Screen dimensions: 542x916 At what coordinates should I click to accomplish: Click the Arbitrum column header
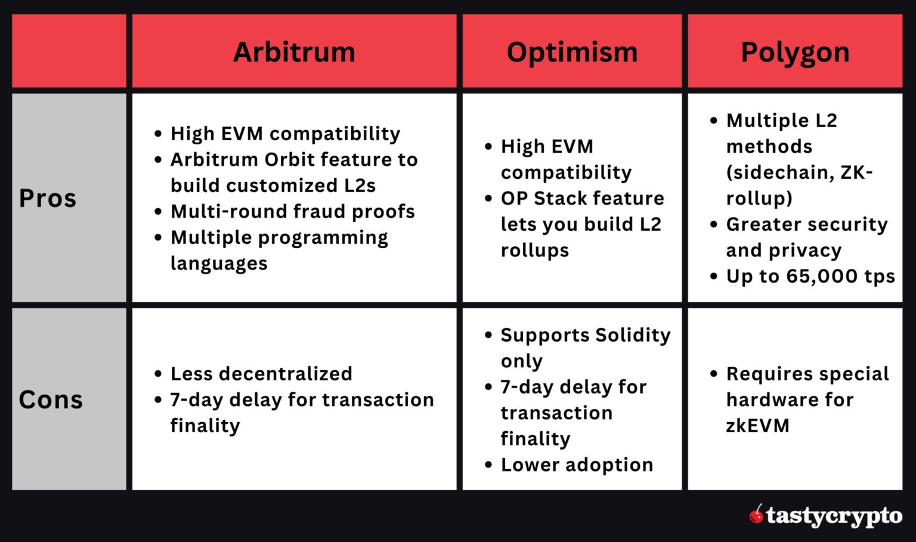[x=294, y=52]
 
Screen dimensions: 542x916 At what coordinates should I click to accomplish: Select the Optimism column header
[x=572, y=52]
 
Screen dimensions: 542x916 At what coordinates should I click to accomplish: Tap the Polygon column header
[x=795, y=52]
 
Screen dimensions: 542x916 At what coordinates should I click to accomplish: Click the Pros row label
[x=48, y=198]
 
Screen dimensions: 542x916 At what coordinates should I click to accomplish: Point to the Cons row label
[x=51, y=399]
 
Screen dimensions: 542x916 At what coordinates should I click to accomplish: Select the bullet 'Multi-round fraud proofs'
[x=292, y=211]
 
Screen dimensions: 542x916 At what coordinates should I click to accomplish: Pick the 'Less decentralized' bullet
[x=261, y=374]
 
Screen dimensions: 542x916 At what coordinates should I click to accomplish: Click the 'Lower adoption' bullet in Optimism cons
[x=577, y=464]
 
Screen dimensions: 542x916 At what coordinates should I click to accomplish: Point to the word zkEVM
[x=757, y=426]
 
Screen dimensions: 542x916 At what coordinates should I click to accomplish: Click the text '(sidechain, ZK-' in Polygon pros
[x=799, y=172]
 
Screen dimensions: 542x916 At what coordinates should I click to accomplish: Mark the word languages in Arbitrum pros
[x=219, y=263]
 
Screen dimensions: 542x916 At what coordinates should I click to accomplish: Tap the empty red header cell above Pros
[x=69, y=51]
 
